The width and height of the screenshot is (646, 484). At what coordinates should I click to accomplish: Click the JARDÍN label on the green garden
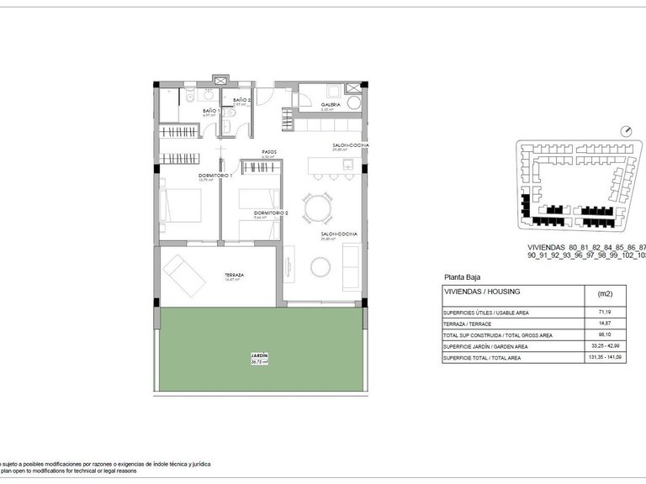point(259,357)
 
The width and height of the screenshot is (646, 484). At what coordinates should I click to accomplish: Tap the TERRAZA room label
point(235,276)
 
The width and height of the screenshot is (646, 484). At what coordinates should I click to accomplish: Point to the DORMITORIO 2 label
point(272,213)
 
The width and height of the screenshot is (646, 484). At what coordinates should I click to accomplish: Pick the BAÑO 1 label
point(211,111)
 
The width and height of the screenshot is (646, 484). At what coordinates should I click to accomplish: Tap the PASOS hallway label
point(269,152)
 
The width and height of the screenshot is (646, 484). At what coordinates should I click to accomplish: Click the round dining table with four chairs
point(318,207)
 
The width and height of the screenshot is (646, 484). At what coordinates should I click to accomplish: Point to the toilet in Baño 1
point(192,92)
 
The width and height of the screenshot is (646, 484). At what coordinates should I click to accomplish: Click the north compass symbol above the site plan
point(625,130)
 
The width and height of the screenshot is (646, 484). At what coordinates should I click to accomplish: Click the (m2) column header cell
point(605,294)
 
